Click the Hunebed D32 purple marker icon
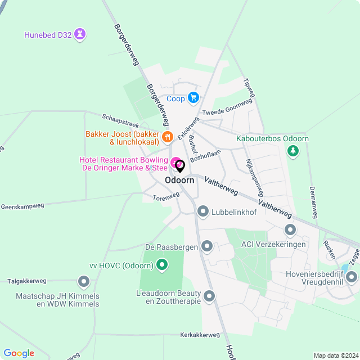pyautogui.click(x=81, y=35)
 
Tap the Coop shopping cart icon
pyautogui.click(x=193, y=98)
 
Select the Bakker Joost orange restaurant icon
pyautogui.click(x=166, y=137)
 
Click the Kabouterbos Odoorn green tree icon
pyautogui.click(x=292, y=151)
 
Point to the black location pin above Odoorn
pyautogui.click(x=180, y=166)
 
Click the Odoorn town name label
pyautogui.click(x=180, y=181)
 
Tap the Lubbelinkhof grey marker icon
pyautogui.click(x=203, y=211)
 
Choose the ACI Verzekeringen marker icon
pyautogui.click(x=290, y=229)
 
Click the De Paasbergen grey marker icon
pyautogui.click(x=207, y=246)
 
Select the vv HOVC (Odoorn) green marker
pyautogui.click(x=162, y=264)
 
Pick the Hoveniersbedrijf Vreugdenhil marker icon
pyautogui.click(x=352, y=276)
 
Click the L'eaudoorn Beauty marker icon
pyautogui.click(x=209, y=295)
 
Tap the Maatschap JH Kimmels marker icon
pyautogui.click(x=84, y=281)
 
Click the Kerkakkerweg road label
pyautogui.click(x=200, y=335)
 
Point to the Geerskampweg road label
pyautogui.click(x=22, y=206)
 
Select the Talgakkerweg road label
pyautogui.click(x=26, y=281)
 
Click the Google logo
pyautogui.click(x=19, y=353)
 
